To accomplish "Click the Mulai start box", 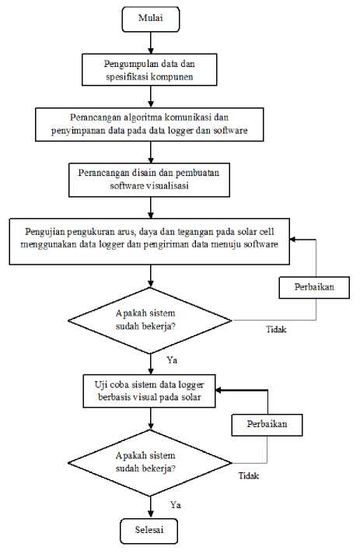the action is pos(151,19).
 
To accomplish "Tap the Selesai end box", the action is pos(149,531).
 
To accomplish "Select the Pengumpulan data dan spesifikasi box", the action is pos(149,69).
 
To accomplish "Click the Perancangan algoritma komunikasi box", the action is pos(149,124).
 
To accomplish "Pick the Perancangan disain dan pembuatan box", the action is pos(149,180).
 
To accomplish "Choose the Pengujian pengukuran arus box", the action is pos(149,241).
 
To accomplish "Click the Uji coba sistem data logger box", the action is pos(149,391).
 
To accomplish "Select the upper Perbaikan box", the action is pos(314,288).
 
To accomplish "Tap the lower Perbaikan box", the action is pos(267,425).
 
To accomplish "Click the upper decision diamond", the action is pos(149,321).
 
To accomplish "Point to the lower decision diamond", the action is pos(149,463).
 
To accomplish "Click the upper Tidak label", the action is pos(276,330).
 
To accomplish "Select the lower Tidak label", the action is pos(249,476).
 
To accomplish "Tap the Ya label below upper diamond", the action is pos(172,360).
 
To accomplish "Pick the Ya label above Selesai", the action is pos(176,505).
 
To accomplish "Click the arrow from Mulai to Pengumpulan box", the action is pos(151,43).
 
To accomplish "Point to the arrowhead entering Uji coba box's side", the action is pos(218,390).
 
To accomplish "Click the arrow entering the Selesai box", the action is pos(151,507).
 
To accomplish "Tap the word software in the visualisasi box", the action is pos(125,186).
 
